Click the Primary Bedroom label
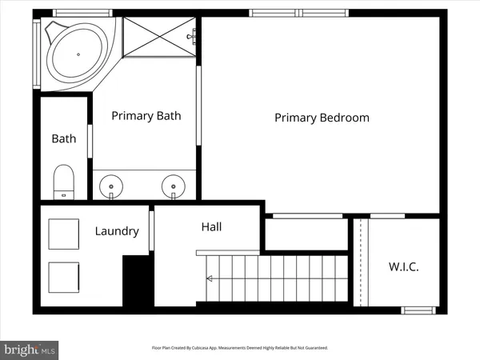322,118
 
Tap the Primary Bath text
146,115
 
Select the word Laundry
117,231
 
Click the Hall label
211,227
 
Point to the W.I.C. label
403,266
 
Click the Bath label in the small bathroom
64,138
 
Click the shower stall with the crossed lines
160,37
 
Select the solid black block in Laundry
137,279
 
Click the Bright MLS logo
30,349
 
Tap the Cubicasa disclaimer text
240,348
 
